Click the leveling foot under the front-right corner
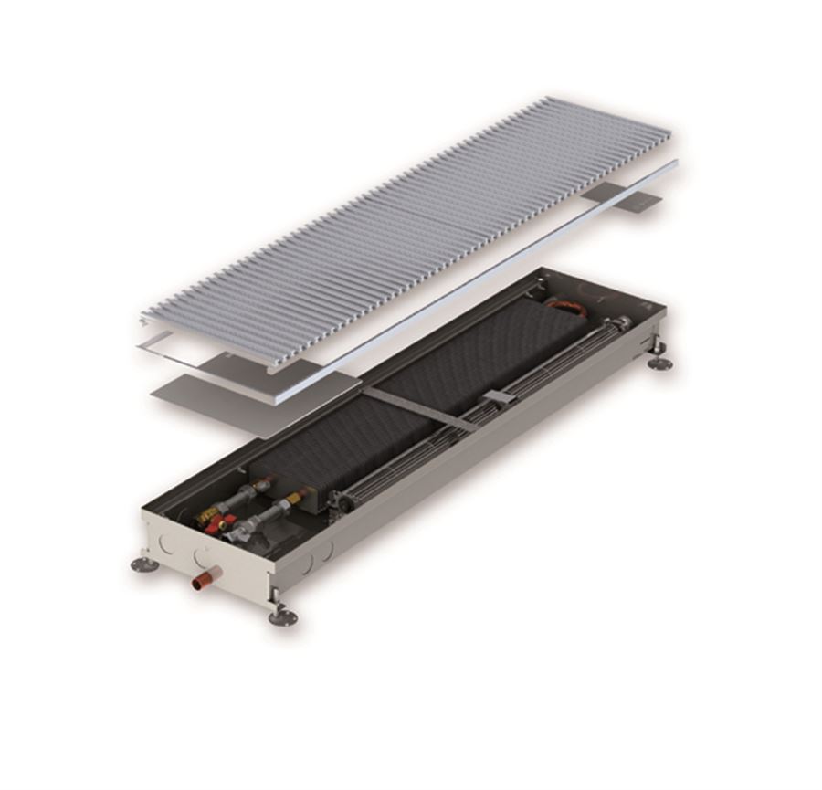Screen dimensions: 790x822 (x=281, y=616)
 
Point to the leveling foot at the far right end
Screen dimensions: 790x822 (x=659, y=363)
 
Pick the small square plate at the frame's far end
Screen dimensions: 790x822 (x=639, y=200)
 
